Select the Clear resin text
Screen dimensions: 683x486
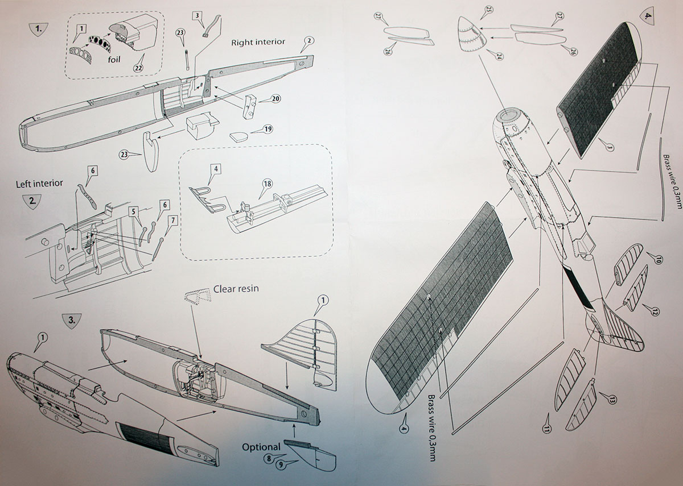click(x=236, y=289)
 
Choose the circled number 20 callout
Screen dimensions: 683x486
click(x=276, y=98)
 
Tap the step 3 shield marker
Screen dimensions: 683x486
click(x=71, y=321)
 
